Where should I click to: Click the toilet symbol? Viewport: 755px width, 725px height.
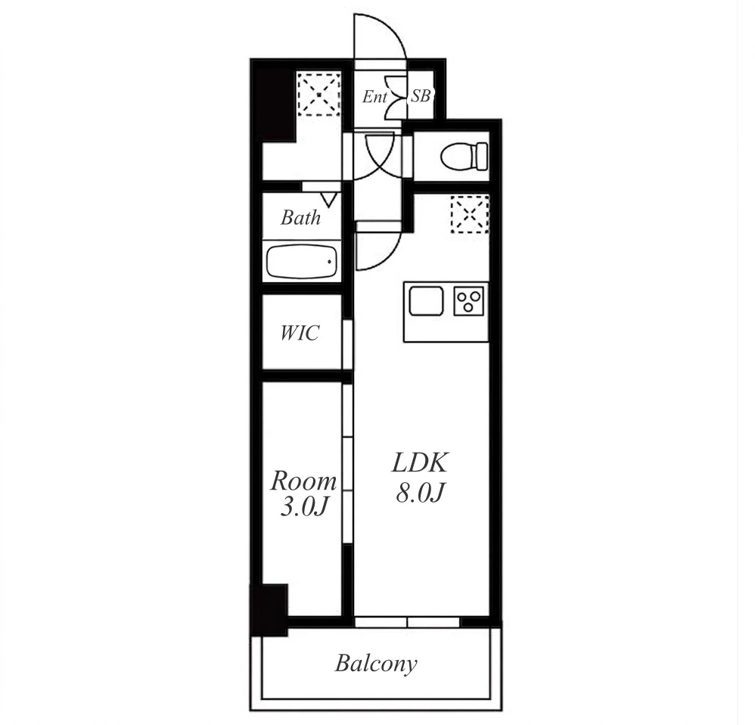464,156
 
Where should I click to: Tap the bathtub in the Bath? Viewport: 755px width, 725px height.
302,262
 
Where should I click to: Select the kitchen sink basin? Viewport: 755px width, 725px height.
426,300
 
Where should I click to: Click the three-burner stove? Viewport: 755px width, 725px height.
469,301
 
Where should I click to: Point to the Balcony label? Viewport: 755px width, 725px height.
376,664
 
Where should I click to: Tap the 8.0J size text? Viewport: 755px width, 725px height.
419,493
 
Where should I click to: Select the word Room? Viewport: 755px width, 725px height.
303,481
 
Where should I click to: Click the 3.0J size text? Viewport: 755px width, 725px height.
304,507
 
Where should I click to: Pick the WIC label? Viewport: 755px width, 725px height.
300,333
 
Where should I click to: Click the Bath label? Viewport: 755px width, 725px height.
300,218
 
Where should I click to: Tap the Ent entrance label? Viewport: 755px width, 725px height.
374,97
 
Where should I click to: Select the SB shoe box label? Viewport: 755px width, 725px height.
421,96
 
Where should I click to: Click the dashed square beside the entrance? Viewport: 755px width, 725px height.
319,94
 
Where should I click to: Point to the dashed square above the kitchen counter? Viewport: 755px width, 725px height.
470,215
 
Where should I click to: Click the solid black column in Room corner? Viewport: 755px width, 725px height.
269,610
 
